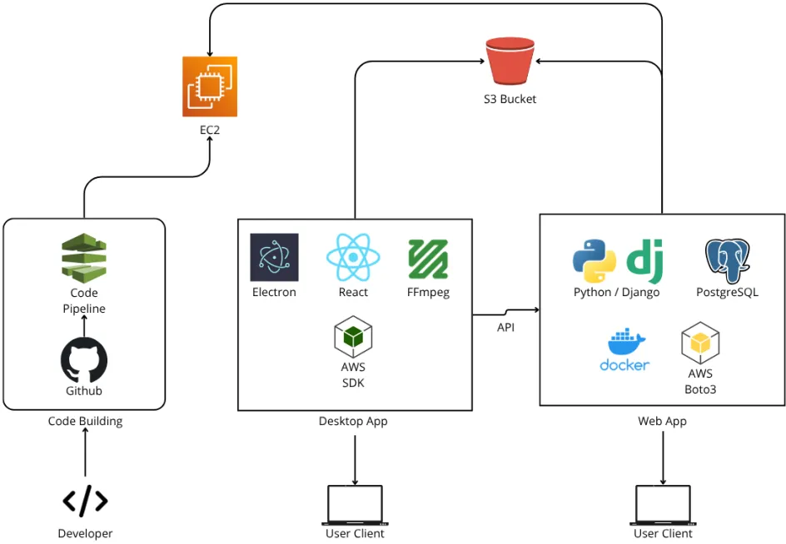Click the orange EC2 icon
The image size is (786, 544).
pyautogui.click(x=210, y=87)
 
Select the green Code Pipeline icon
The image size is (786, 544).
pyautogui.click(x=84, y=259)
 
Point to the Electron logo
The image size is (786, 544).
pyautogui.click(x=274, y=258)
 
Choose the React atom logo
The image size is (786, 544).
pyautogui.click(x=353, y=257)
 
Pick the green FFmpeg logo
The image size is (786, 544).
pyautogui.click(x=428, y=259)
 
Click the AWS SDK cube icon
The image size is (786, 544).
pyautogui.click(x=353, y=337)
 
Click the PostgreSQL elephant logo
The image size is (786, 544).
pyautogui.click(x=727, y=260)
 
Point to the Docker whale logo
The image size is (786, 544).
pyautogui.click(x=624, y=349)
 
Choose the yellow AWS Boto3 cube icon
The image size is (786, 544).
pyautogui.click(x=700, y=343)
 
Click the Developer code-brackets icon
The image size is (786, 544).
pyautogui.click(x=85, y=501)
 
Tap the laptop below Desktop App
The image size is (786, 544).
pyautogui.click(x=356, y=505)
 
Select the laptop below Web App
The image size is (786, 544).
pyautogui.click(x=663, y=505)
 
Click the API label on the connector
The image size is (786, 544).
pyautogui.click(x=505, y=328)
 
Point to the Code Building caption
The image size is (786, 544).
pyautogui.click(x=85, y=422)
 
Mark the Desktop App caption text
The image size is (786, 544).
pyautogui.click(x=353, y=422)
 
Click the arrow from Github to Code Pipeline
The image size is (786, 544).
pyautogui.click(x=84, y=326)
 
